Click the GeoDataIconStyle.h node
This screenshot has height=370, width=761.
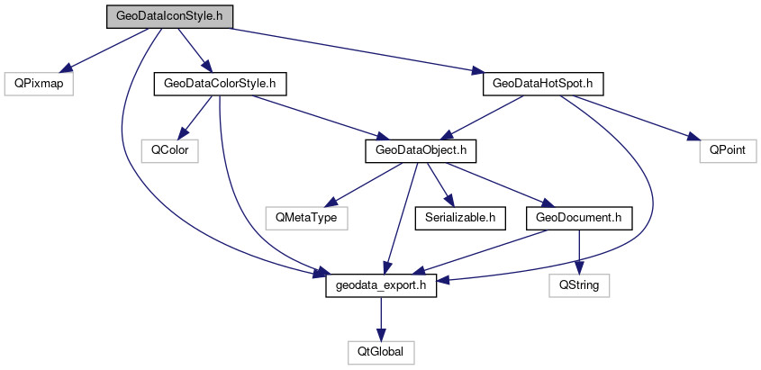pyautogui.click(x=169, y=17)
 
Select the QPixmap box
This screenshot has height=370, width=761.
pyautogui.click(x=37, y=84)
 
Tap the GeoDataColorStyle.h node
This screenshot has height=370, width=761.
pyautogui.click(x=220, y=84)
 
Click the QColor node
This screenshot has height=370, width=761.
pyautogui.click(x=169, y=150)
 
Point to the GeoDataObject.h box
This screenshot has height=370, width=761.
pyautogui.click(x=420, y=150)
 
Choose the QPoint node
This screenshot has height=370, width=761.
pyautogui.click(x=728, y=150)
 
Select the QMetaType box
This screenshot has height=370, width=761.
pyautogui.click(x=304, y=217)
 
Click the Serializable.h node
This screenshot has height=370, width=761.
pyautogui.click(x=459, y=217)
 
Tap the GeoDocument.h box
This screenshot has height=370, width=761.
pyautogui.click(x=577, y=217)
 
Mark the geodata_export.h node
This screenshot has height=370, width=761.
pyautogui.click(x=381, y=284)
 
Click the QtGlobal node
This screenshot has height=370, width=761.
pyautogui.click(x=381, y=351)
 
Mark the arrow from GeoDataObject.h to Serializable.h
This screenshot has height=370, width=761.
pyautogui.click(x=439, y=184)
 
